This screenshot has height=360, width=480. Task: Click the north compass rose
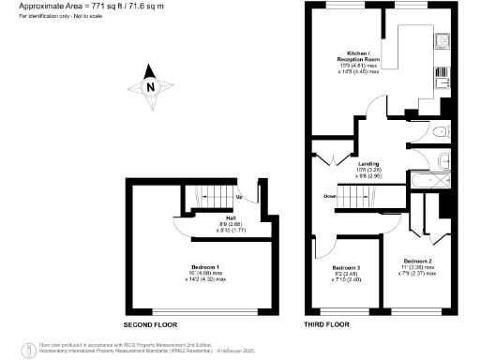point(152,87)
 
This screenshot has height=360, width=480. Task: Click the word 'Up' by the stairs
point(239,197)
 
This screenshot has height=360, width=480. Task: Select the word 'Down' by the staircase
point(330,196)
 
